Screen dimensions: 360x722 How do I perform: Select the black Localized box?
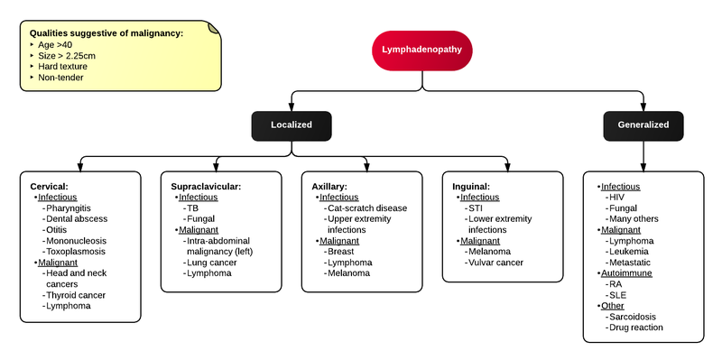[292, 125]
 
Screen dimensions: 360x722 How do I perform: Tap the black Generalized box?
[643, 125]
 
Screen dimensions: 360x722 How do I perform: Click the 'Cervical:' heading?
[50, 186]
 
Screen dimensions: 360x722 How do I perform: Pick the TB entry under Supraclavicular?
[192, 208]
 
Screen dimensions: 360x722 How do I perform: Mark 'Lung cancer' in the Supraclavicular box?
[212, 262]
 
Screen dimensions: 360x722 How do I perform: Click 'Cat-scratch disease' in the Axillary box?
[366, 208]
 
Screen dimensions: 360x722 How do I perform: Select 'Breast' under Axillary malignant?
[341, 251]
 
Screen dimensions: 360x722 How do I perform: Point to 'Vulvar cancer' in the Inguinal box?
[495, 262]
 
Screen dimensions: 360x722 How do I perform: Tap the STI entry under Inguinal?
[475, 208]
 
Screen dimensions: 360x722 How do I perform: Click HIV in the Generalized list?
[617, 197]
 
